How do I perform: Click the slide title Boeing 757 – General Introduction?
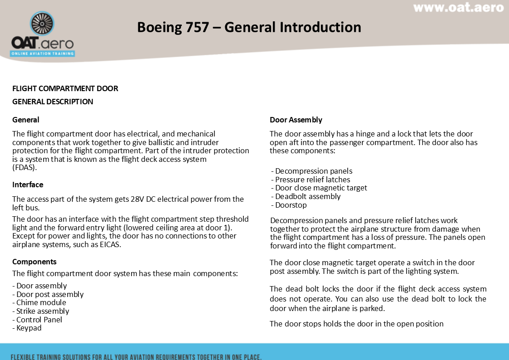249,27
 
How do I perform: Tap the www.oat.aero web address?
458,7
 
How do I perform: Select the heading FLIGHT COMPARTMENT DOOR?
65,88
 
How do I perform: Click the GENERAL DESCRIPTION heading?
53,102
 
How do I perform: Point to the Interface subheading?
28,185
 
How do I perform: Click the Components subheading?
34,262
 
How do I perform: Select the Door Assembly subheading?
296,120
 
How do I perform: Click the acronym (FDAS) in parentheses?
24,167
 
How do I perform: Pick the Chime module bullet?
41,302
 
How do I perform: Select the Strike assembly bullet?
43,311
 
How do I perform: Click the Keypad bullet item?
29,328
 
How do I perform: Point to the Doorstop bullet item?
291,205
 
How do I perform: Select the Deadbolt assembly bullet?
308,196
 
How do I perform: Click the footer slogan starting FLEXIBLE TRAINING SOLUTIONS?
136,356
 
